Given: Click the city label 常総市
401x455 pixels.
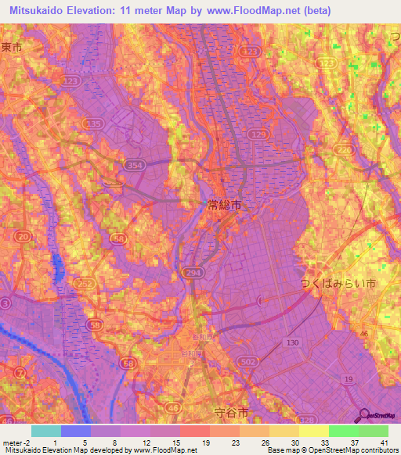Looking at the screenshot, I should pyautogui.click(x=224, y=205).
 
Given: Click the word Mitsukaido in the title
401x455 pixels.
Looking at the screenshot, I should pyautogui.click(x=42, y=10).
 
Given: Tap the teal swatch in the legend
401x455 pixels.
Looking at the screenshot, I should pyautogui.click(x=46, y=431).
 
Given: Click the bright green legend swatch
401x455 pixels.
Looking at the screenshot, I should pyautogui.click(x=343, y=431).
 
